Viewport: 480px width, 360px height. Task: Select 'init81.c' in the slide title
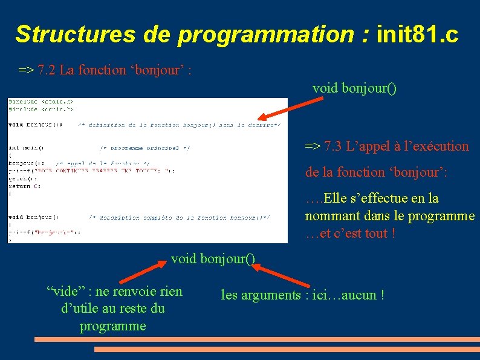click(x=417, y=34)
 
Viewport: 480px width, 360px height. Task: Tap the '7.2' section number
click(x=47, y=70)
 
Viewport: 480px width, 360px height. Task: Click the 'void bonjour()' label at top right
click(x=354, y=88)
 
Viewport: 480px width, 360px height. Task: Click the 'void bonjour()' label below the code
click(x=213, y=259)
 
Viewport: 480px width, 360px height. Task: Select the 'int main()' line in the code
click(x=26, y=147)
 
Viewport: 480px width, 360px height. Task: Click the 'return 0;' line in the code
click(x=20, y=186)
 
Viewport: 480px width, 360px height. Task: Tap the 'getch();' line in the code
click(x=19, y=178)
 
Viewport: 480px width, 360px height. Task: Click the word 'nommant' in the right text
click(x=330, y=216)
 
